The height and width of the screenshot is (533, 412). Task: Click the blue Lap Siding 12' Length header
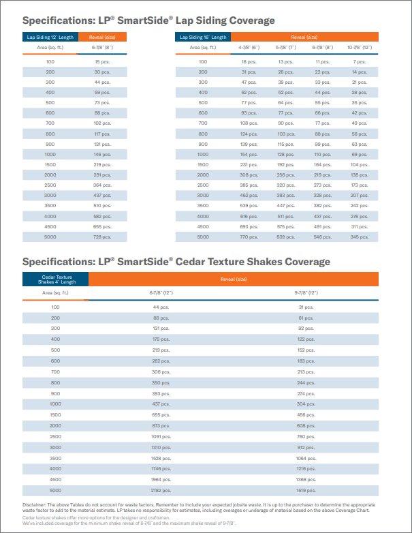point(50,37)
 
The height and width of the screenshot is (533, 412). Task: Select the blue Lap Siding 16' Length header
point(204,37)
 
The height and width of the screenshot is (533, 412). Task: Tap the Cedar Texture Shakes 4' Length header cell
point(55,279)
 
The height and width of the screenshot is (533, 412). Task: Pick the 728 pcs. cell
point(102,237)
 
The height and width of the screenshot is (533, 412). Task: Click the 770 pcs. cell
point(248,237)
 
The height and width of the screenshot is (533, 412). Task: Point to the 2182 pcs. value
point(161,489)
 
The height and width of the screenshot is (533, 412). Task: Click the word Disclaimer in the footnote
point(35,504)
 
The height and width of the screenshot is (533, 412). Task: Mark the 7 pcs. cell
point(359,61)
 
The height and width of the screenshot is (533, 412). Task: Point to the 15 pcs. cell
point(102,61)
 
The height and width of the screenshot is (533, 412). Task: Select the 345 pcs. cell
point(359,237)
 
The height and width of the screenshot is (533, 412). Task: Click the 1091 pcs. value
point(161,436)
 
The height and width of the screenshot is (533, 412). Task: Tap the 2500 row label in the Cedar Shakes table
point(55,436)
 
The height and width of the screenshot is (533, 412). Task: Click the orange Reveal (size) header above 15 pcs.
point(103,37)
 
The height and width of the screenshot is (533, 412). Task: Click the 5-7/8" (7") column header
point(285,48)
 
